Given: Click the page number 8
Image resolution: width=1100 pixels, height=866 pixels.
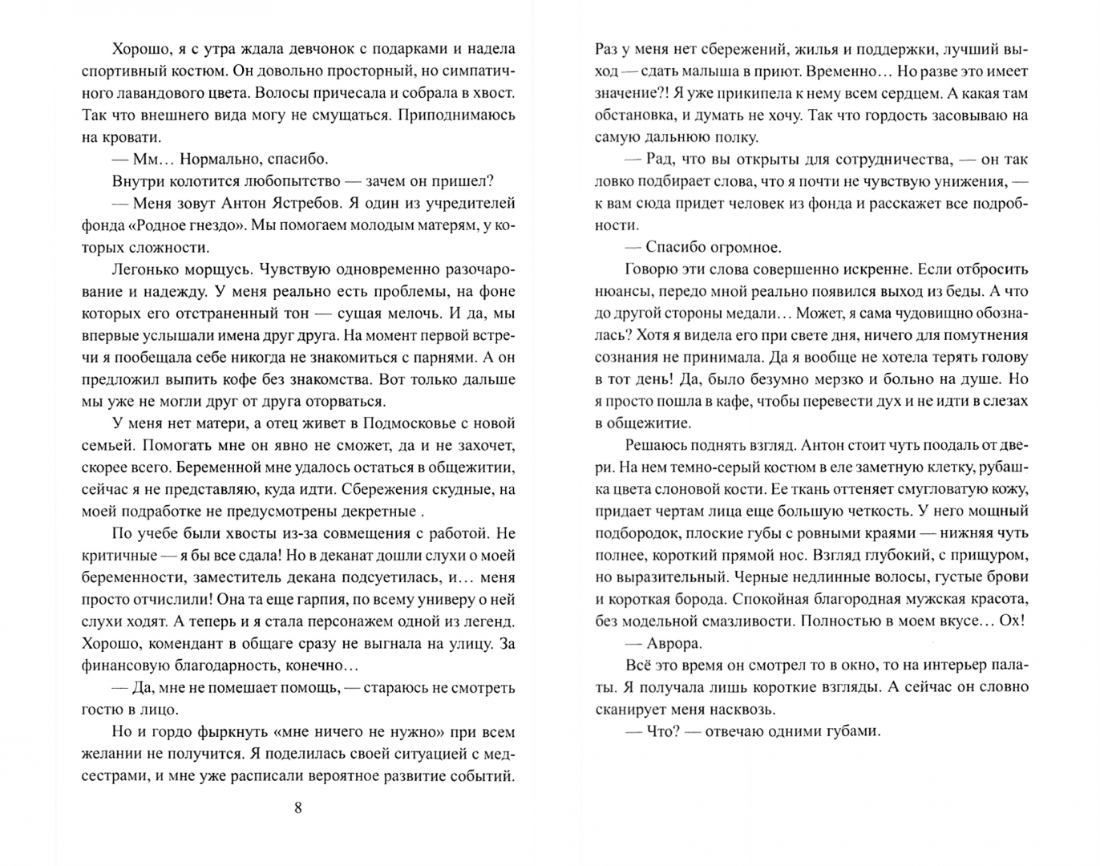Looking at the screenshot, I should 298,807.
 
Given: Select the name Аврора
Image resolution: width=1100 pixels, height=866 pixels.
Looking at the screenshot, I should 674,642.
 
